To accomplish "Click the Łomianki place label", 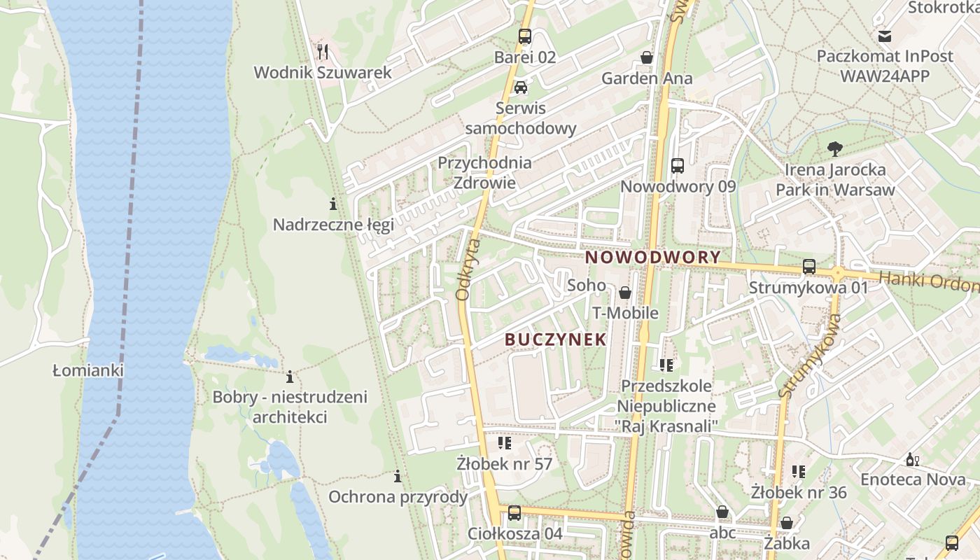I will pos(88,370).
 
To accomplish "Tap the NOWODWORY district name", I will pos(652,257).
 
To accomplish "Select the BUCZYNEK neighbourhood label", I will pos(555,339).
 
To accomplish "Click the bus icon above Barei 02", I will pos(525,36).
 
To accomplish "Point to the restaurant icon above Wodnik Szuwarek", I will pos(323,51).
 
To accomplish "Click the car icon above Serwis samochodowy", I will pos(520,87).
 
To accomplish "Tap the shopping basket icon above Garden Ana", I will pos(647,57).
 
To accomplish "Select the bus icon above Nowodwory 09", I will pos(678,166).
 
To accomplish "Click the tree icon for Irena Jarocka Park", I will pos(834,148).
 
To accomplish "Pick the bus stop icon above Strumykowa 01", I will pos(809,267).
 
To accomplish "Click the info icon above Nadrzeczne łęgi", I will pos(333,204).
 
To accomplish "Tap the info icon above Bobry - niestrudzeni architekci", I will pos(290,377).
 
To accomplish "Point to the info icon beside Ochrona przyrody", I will pos(398,477).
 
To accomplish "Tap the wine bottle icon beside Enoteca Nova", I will pos(912,459).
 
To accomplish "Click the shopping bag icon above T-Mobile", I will pos(625,293).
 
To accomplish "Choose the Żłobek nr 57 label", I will pos(504,464).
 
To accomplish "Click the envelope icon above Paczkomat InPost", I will pos(885,36).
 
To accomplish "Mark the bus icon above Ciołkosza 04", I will pos(514,513).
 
